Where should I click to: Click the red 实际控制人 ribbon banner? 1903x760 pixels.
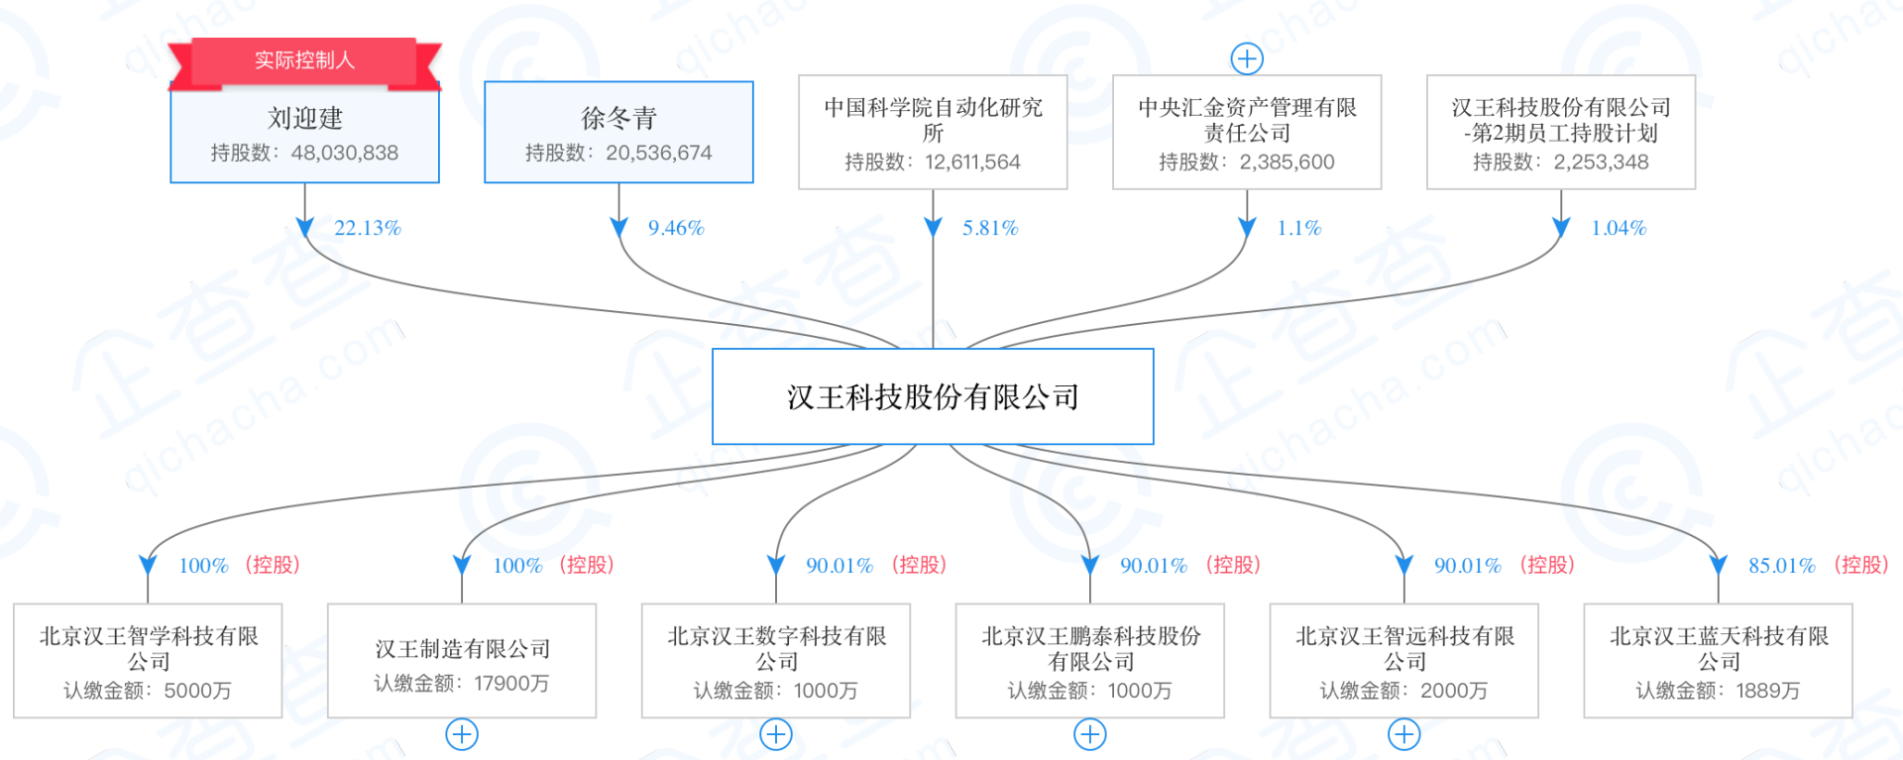coord(304,60)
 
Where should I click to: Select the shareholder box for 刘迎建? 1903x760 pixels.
coord(304,134)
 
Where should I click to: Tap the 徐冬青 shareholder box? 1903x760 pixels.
coord(618,132)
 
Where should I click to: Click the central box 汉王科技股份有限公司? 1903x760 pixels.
coord(933,396)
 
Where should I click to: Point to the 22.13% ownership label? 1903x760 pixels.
coord(367,228)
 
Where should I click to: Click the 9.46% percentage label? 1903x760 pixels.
coord(676,228)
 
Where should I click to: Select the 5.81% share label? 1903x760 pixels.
coord(990,228)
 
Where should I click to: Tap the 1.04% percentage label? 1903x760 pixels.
coord(1619,228)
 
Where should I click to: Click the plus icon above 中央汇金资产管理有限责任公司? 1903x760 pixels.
coord(1247,58)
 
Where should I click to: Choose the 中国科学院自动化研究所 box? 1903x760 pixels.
coord(933,132)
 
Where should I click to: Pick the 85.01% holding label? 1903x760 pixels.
coord(1781,566)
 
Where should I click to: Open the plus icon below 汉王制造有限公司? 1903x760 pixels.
coord(462,734)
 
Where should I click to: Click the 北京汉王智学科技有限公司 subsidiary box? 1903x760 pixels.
coord(148,661)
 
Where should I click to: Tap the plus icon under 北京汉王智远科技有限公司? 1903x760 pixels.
coord(1403,734)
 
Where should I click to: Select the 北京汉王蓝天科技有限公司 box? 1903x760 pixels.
coord(1718,661)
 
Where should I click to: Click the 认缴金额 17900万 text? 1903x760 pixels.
coord(462,684)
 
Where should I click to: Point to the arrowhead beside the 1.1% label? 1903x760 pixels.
coord(1247,228)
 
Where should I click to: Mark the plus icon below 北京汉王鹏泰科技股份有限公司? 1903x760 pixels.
coord(1090,734)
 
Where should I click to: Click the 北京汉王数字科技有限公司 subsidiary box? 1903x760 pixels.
coord(776,661)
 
